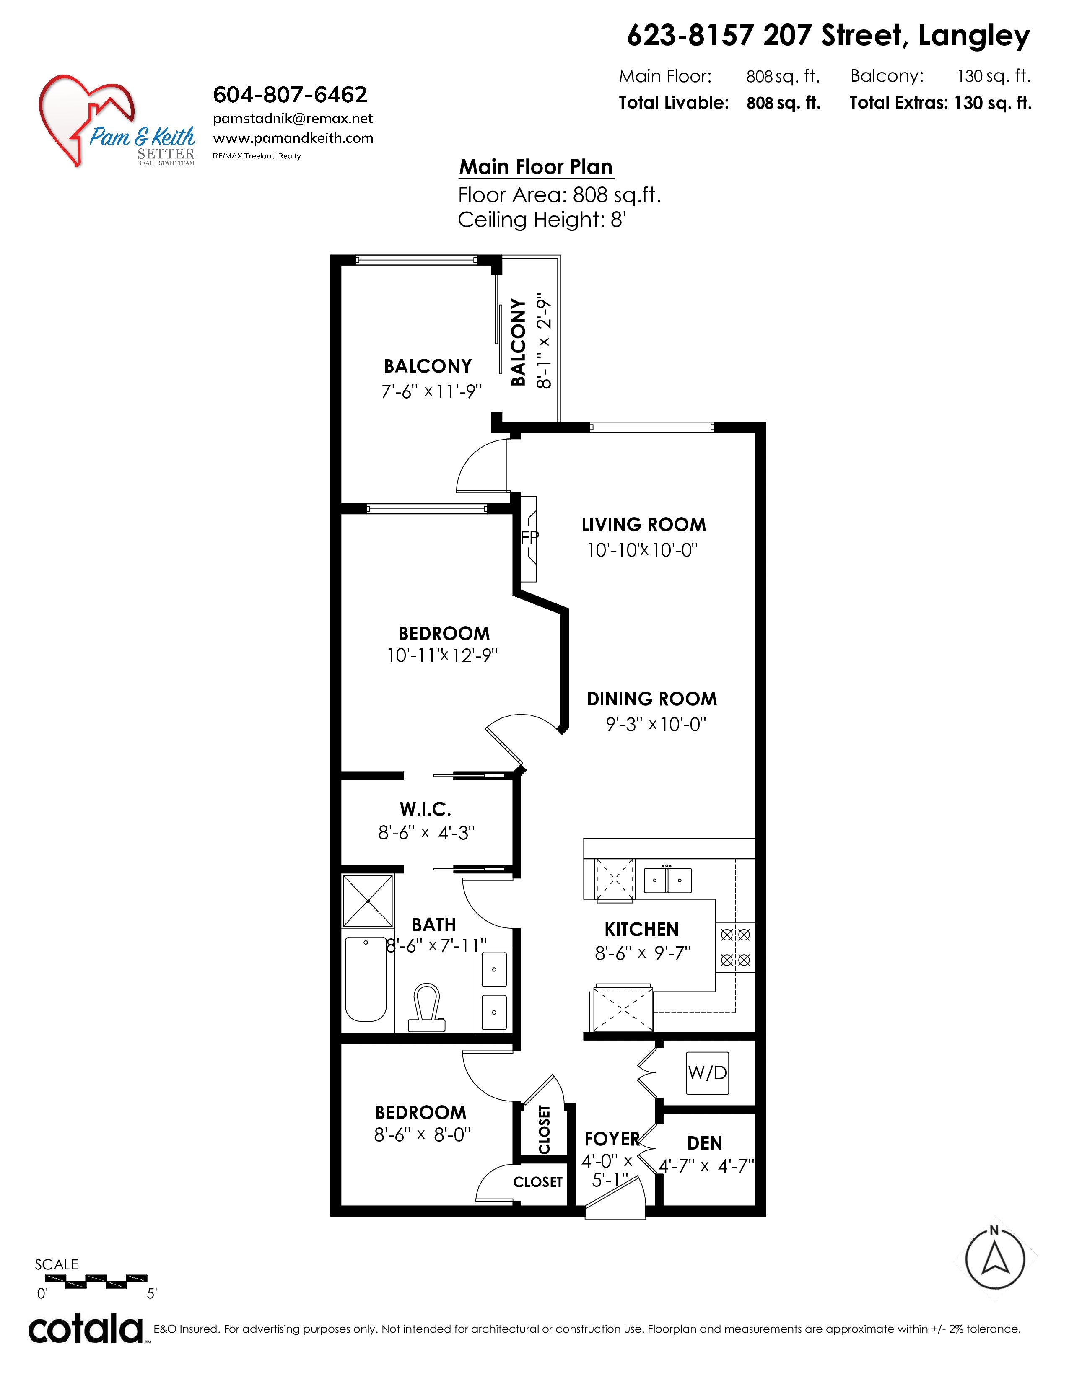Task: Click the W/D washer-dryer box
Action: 707,1073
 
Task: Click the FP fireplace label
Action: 530,538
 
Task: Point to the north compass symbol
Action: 995,1257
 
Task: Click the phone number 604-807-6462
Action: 290,95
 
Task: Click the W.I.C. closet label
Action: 426,809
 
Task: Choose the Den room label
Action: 705,1143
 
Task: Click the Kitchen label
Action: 641,929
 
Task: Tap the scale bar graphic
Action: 96,1281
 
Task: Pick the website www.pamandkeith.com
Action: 293,138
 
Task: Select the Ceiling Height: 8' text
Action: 542,220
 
